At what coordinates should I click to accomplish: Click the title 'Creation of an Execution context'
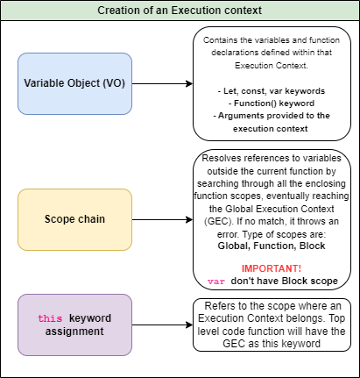[180, 10]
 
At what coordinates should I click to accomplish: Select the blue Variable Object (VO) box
[74, 83]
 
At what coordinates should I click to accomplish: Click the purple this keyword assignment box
[74, 324]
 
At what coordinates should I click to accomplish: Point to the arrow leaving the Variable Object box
[163, 84]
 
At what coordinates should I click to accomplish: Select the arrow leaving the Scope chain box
[163, 219]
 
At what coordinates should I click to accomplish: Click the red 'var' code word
[215, 281]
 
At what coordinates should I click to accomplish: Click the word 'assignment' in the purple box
[74, 332]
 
